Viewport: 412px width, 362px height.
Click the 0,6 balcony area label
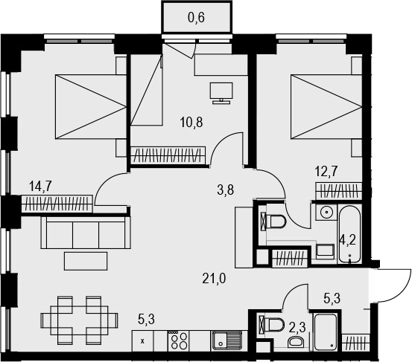coord(196,18)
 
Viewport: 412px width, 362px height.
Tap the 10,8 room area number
coord(191,122)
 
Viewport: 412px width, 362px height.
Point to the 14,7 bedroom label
coord(41,187)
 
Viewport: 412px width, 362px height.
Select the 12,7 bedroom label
coord(326,172)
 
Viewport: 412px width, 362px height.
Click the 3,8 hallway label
coord(226,190)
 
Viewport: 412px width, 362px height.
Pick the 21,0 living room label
coord(214,279)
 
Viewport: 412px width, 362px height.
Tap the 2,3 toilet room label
coord(297,328)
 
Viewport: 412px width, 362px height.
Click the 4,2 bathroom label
coord(348,240)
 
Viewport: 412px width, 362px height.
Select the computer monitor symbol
coord(221,93)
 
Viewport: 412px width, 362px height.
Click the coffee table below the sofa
coord(86,261)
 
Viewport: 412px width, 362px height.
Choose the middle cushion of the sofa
coord(86,235)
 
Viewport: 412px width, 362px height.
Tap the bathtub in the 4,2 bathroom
coord(349,233)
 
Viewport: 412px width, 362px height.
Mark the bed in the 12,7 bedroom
coord(326,106)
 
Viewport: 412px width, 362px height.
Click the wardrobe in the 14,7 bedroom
coord(57,204)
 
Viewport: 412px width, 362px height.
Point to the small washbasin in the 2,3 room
coord(296,342)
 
